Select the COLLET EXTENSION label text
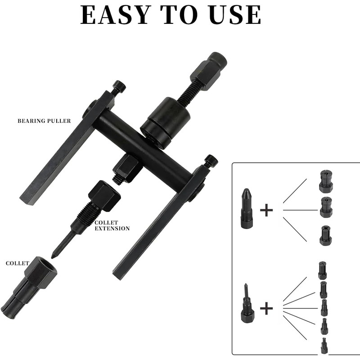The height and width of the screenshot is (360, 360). point(112,225)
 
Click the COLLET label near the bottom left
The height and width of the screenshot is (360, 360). point(18,263)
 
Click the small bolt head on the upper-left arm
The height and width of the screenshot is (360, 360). point(119,86)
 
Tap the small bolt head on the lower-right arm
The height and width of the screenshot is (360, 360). point(211,161)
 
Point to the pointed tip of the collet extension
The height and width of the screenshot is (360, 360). point(54,256)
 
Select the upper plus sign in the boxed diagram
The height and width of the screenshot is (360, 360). point(266,210)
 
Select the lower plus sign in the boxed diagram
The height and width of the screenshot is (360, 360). point(266,308)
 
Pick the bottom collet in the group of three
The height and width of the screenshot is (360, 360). point(325,236)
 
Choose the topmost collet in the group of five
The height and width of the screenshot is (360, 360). point(322,270)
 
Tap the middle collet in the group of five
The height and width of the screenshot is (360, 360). point(324,308)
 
